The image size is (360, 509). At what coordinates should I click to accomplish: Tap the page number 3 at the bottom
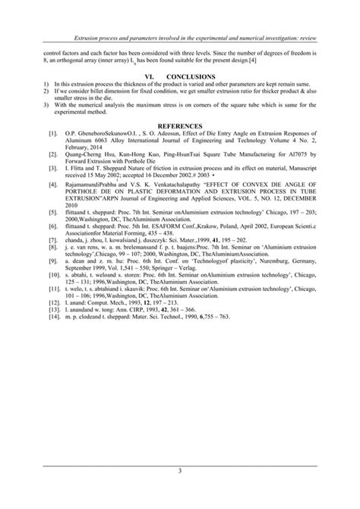click(180, 472)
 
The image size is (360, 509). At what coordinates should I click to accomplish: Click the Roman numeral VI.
click(152, 75)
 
